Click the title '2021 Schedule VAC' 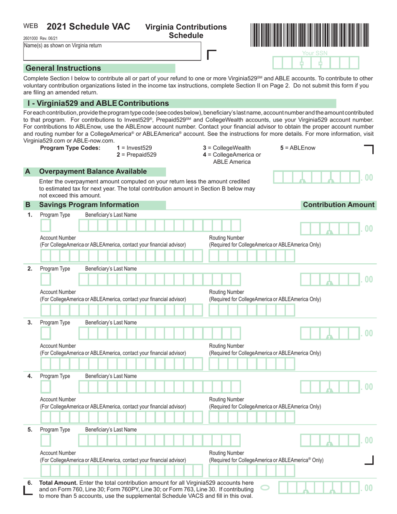coord(88,27)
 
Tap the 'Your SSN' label coord(315,53)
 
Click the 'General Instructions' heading coord(63,68)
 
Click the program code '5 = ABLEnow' coord(298,148)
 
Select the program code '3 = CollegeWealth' coord(226,148)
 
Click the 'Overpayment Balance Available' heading coord(93,171)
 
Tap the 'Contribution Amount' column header coord(338,205)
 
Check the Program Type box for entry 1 coord(46,226)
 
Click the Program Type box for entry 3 coord(46,333)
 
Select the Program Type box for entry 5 coord(46,440)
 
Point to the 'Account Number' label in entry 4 coord(58,399)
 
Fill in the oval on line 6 coord(265,487)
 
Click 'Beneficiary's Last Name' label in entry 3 coord(111,323)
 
